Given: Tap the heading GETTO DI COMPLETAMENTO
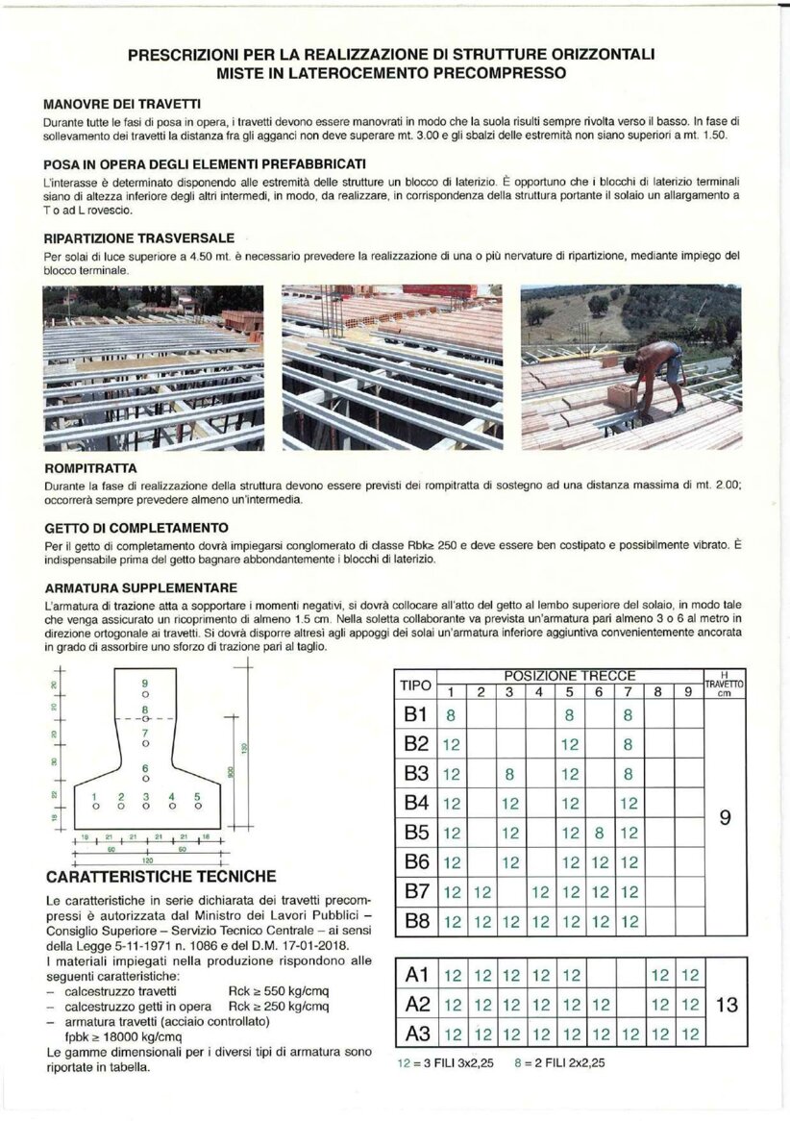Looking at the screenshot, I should [136, 528].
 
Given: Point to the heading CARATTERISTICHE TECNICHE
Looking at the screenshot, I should [160, 876].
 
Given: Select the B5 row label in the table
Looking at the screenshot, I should [415, 833].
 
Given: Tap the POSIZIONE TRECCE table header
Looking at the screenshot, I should [570, 676].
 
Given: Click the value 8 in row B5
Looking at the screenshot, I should [598, 833].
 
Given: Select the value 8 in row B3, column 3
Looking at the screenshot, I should [510, 773].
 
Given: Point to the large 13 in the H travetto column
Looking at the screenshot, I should [727, 1006].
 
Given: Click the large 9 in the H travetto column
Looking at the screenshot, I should [726, 818].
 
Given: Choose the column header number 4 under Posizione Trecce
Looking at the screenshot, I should [539, 691].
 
